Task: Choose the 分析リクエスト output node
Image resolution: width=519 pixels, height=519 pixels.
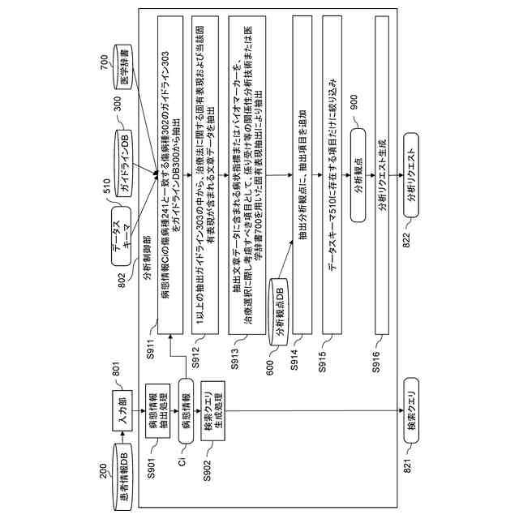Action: point(413,165)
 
